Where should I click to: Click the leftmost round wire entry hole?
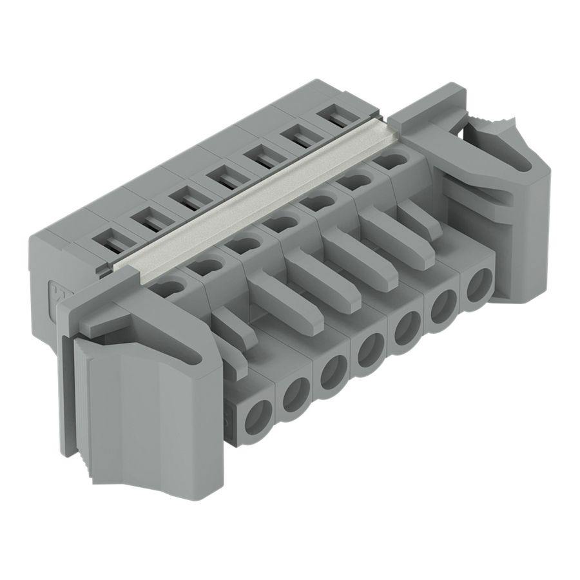pos(258,412)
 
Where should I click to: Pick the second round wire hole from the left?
pos(296,392)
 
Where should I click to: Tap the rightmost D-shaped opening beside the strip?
pos(391,160)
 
